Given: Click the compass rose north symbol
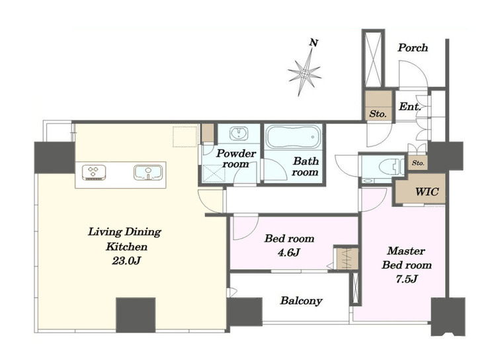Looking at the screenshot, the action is [304, 73].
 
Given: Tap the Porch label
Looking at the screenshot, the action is [413, 48].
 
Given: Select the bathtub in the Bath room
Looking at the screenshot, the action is [293, 136].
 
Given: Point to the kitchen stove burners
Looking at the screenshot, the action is [94, 173].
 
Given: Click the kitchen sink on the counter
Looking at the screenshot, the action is [148, 173].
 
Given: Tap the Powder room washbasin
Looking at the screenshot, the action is [239, 132].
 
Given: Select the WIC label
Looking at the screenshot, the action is [427, 191].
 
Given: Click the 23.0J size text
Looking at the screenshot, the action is [126, 261].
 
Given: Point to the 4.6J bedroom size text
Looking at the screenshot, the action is [289, 252].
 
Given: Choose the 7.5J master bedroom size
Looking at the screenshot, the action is [407, 279].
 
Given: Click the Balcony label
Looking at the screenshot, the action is [301, 300].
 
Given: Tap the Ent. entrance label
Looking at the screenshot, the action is [410, 107].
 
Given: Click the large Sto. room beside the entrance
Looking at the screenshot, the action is [378, 105].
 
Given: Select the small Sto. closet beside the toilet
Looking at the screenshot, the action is [418, 163].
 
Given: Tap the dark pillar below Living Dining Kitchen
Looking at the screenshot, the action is [136, 315].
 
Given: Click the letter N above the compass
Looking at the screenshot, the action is [313, 42].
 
